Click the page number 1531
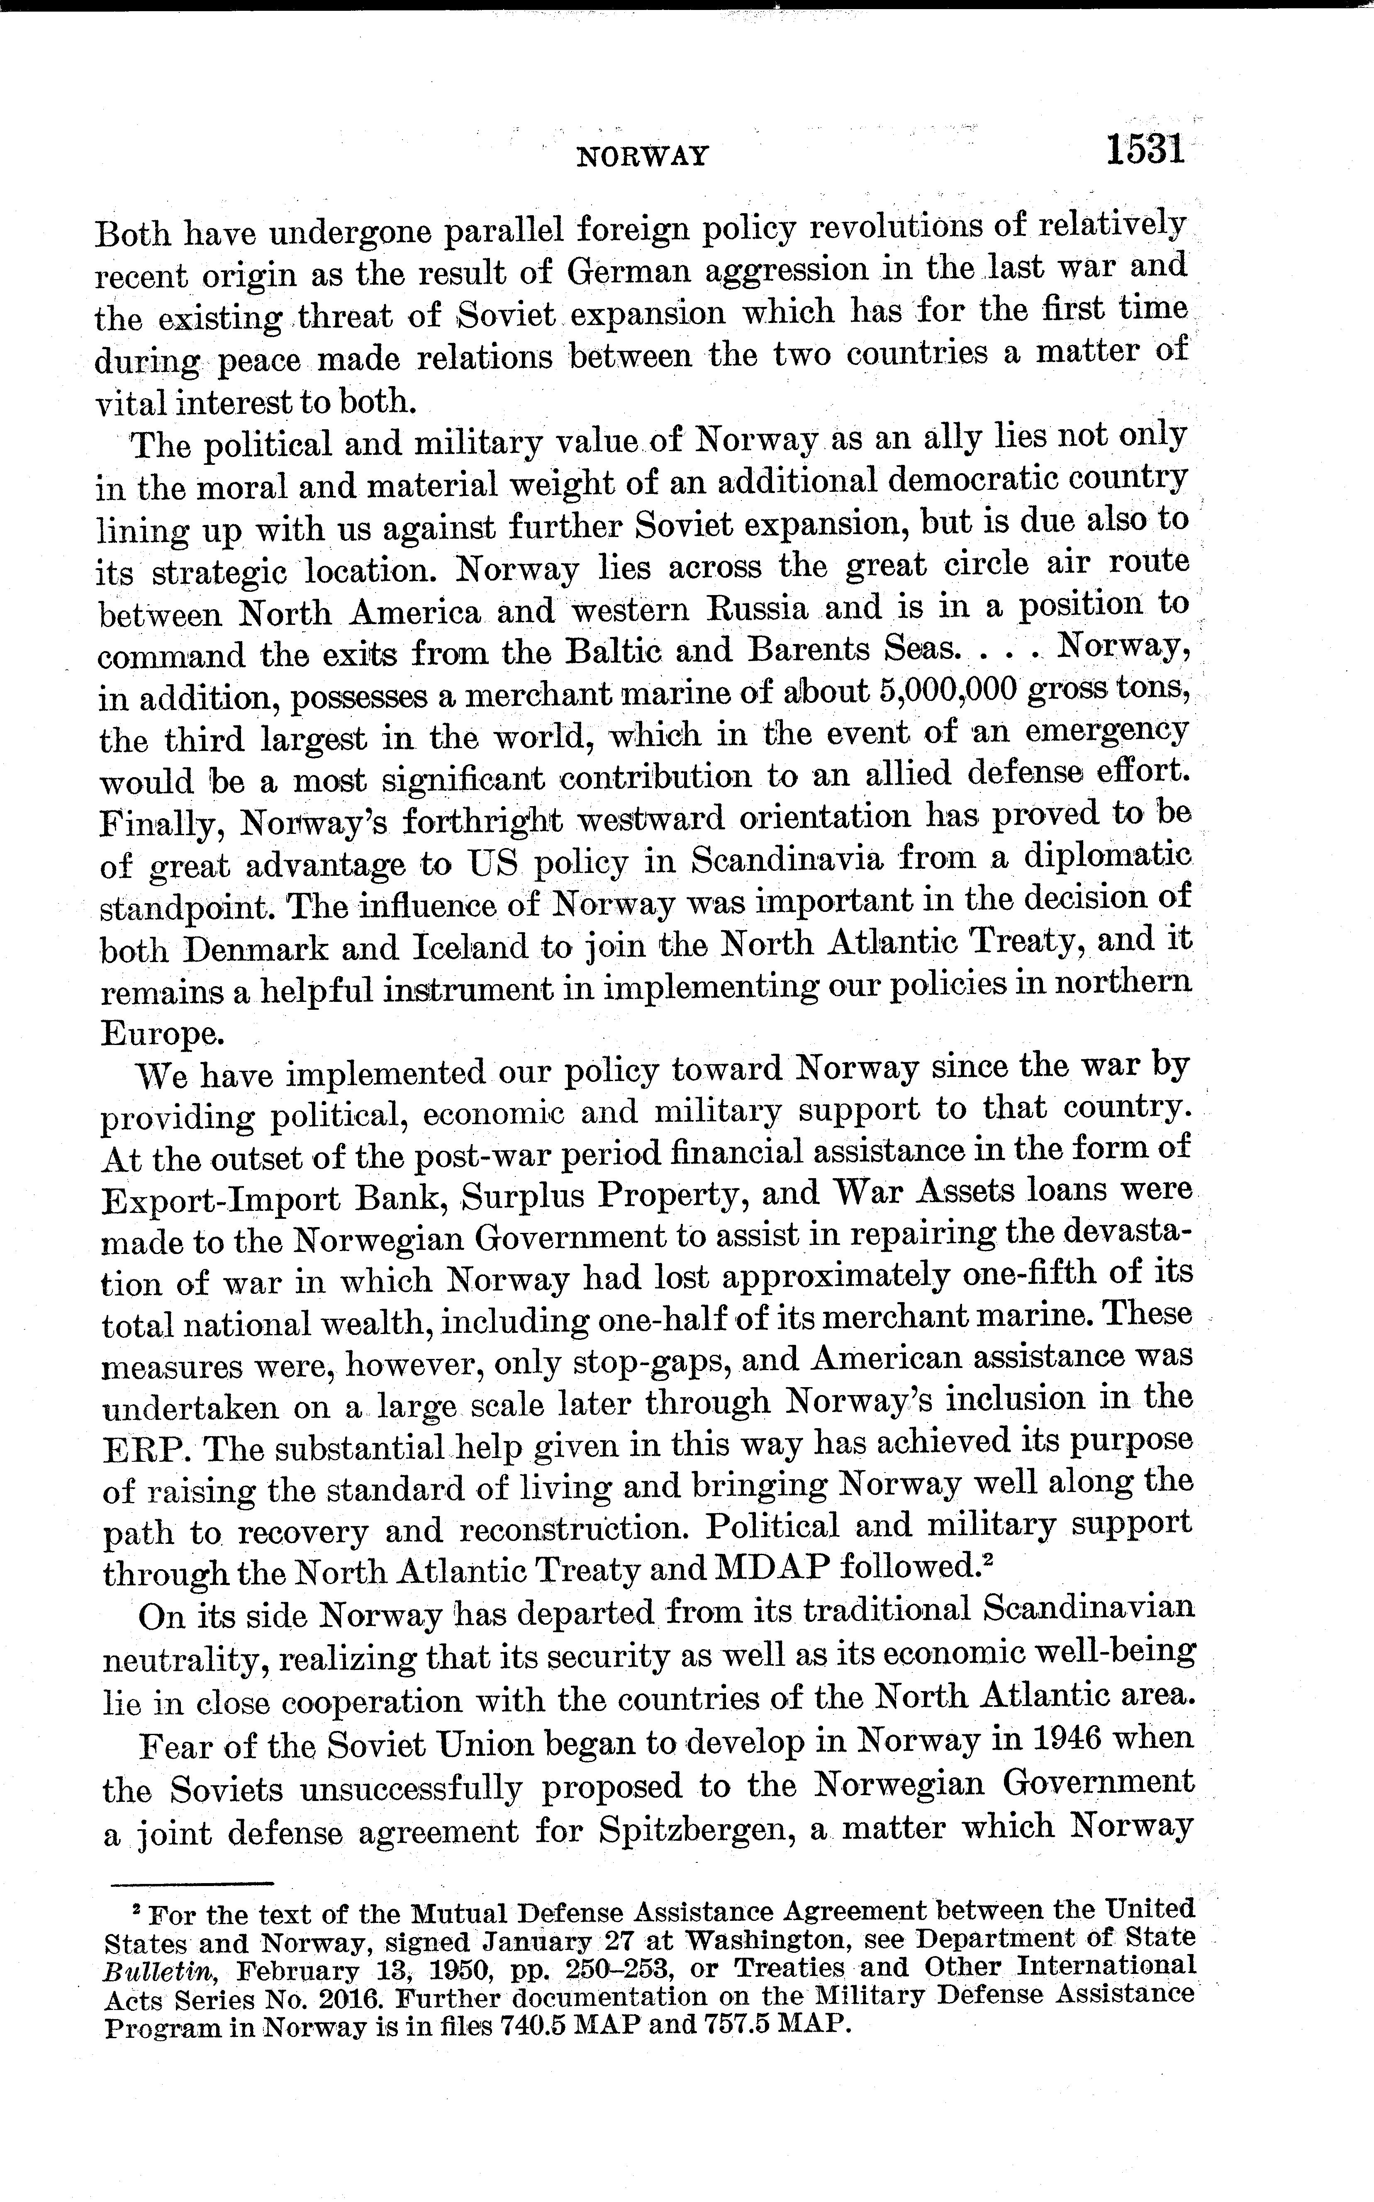click(x=1145, y=149)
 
